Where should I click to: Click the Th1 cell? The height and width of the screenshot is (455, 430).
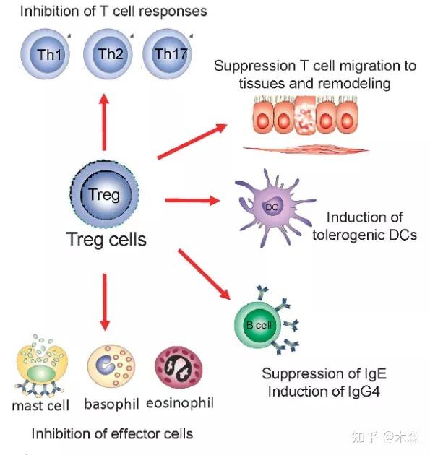(x=46, y=54)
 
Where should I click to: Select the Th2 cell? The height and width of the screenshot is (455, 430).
(x=108, y=54)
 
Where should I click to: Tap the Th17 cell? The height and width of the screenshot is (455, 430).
(x=168, y=54)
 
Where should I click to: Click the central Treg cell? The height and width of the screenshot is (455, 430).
(x=105, y=194)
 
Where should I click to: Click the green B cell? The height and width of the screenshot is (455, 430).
(x=258, y=324)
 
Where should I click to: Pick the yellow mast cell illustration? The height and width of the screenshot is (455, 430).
(x=41, y=366)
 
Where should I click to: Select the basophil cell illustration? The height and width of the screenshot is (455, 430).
(x=111, y=365)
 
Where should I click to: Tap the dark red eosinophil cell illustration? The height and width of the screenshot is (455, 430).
(x=179, y=367)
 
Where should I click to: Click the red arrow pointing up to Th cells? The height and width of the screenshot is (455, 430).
(x=104, y=122)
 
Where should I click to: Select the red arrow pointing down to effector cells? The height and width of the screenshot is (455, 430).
(x=105, y=302)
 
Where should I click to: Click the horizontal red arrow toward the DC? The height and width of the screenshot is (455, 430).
(x=192, y=200)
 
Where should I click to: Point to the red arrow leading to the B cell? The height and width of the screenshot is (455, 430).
(x=204, y=274)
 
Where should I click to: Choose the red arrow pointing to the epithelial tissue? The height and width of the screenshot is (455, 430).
(x=192, y=142)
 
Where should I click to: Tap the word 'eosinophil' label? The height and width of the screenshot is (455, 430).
(x=180, y=403)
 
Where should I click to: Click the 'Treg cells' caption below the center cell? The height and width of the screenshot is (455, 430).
(x=106, y=240)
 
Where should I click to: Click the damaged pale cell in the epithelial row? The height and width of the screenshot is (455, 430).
(x=305, y=116)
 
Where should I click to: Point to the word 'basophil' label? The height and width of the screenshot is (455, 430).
(x=111, y=404)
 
